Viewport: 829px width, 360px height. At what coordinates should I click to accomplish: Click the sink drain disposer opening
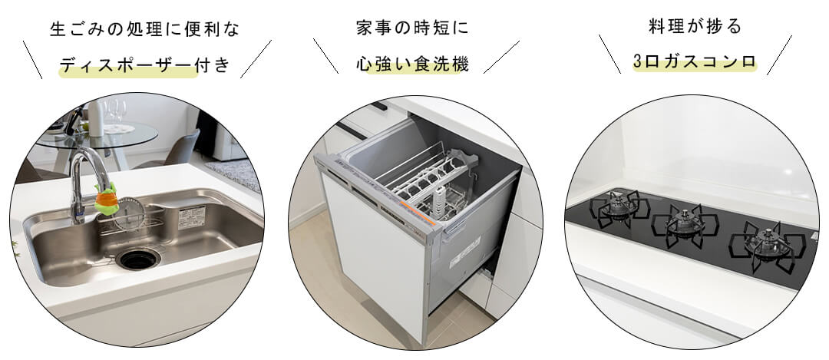click(140, 259)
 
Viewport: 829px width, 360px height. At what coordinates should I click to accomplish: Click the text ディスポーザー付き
click(144, 66)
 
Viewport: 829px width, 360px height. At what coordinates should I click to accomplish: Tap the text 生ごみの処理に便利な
click(144, 30)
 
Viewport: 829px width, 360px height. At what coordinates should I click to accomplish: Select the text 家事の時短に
click(412, 28)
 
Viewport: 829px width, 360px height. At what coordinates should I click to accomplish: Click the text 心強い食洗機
click(412, 64)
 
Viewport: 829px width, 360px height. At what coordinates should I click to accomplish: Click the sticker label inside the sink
click(188, 217)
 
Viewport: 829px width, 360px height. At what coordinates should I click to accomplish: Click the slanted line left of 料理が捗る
click(609, 54)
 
